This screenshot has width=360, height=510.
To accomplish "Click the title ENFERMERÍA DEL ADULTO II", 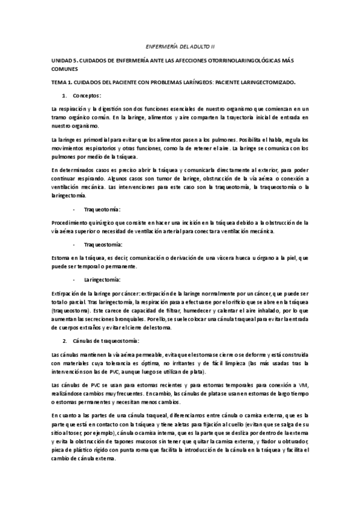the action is tap(180, 46).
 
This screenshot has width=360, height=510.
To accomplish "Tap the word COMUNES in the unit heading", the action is tap(65, 69).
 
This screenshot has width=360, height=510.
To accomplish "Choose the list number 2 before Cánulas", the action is tap(65, 341).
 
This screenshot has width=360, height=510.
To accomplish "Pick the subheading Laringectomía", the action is tap(102, 280).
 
